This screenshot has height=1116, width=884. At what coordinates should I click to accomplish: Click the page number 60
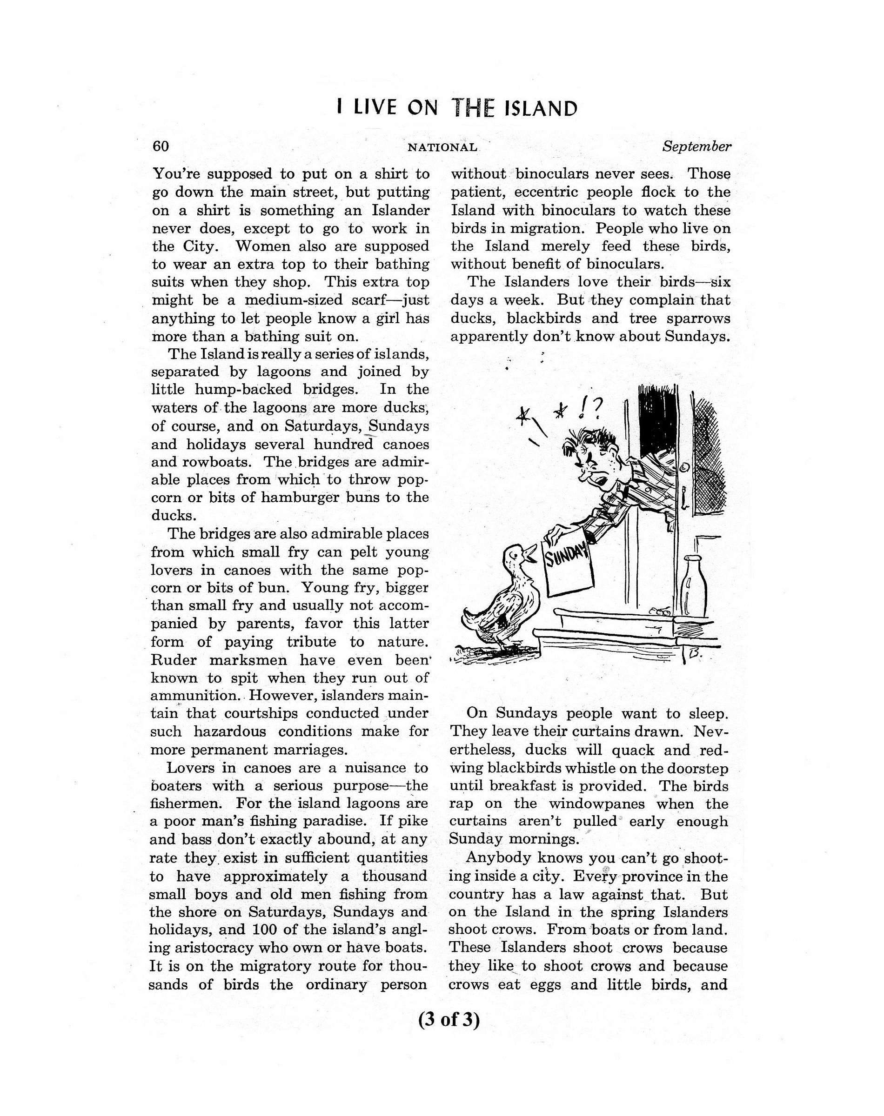point(161,146)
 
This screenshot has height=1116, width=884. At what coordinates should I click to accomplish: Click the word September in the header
point(696,146)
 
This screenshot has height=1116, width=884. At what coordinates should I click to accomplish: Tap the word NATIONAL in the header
point(442,147)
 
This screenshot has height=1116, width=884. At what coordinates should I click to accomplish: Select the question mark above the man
point(598,409)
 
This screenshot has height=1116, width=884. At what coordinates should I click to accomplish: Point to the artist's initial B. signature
point(696,654)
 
